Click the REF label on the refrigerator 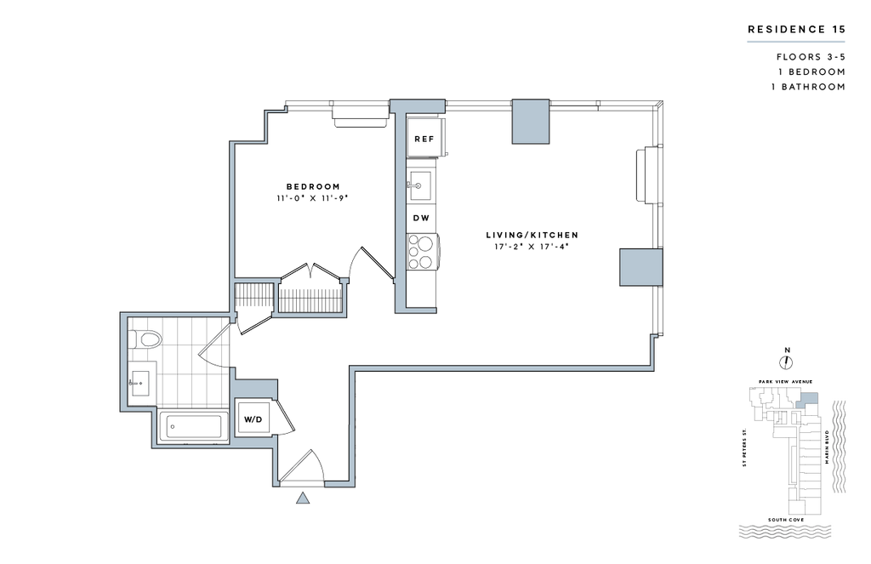tap(423, 139)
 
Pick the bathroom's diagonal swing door tap(214, 339)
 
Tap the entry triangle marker tap(302, 497)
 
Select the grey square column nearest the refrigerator tap(529, 122)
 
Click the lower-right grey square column tap(640, 267)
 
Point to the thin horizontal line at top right tap(795, 41)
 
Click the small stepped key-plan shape tap(806, 400)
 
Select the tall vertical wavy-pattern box tap(839, 447)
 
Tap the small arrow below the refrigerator tap(414, 185)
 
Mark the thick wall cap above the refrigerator tap(417, 105)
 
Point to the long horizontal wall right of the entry tap(502, 367)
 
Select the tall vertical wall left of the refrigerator tap(400, 213)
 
